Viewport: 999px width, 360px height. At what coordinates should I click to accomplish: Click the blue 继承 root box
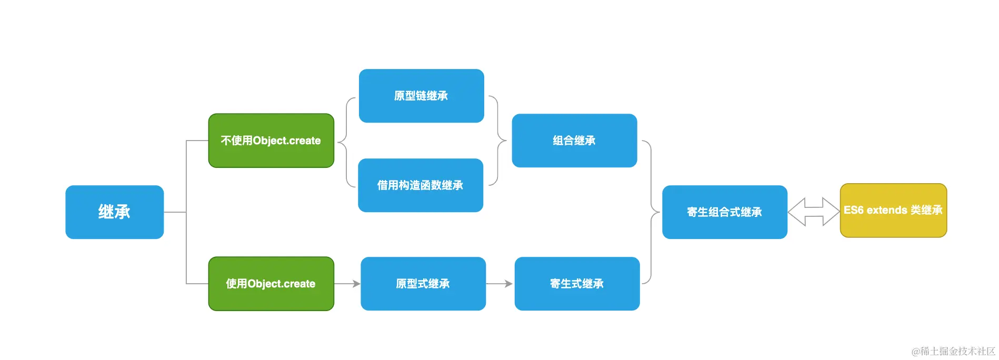pos(114,212)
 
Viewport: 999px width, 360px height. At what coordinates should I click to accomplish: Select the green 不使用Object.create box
pos(271,141)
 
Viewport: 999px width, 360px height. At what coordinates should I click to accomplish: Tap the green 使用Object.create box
pos(271,284)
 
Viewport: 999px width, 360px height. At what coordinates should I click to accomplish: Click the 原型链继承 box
pos(421,96)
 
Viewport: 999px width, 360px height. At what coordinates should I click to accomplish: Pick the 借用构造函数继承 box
pos(420,185)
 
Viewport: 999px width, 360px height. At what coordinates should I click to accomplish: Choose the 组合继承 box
pos(574,141)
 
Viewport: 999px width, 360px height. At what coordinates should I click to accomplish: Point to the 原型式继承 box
pos(423,284)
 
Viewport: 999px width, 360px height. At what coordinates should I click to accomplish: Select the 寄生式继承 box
pos(577,284)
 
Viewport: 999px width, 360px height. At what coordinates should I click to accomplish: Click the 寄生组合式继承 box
pos(724,212)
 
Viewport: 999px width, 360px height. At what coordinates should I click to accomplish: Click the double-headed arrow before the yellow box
pos(813,212)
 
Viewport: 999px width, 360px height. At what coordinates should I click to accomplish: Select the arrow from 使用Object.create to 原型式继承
pos(347,284)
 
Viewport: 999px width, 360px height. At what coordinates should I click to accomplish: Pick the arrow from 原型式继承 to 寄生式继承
pos(499,284)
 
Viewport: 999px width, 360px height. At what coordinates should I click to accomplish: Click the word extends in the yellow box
pos(887,211)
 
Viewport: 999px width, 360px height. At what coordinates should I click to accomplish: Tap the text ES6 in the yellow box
pos(854,211)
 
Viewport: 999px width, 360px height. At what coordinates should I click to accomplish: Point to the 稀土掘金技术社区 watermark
pos(953,351)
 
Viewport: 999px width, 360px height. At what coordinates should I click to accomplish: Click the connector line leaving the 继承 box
pos(175,212)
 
